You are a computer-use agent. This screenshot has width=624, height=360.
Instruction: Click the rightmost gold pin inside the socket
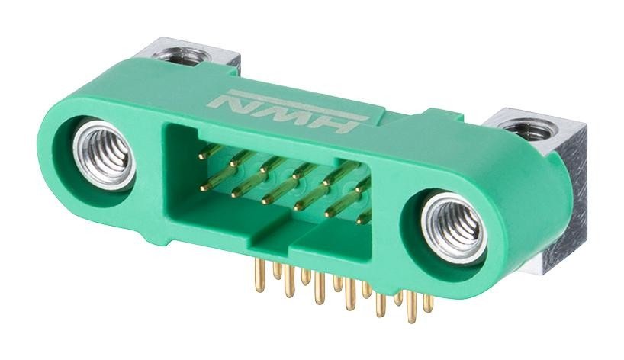point(365,216)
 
